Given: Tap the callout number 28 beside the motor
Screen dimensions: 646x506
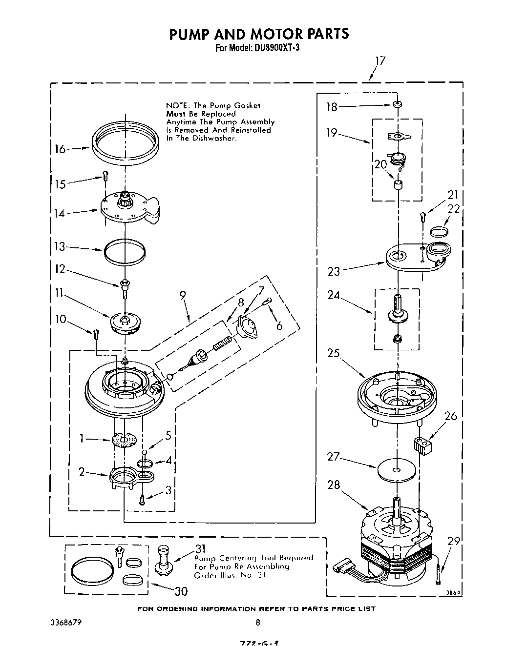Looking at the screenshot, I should (x=334, y=485).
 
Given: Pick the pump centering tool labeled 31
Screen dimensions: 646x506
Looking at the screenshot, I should (x=163, y=561).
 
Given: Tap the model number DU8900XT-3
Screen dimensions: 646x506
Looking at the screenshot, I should (x=272, y=48).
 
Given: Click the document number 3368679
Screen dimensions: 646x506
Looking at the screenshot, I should (x=65, y=622).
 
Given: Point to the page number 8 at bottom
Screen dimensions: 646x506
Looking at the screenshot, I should (x=258, y=622).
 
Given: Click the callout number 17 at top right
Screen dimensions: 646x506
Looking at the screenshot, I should (x=380, y=61).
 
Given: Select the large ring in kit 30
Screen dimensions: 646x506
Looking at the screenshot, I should (x=91, y=570).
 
